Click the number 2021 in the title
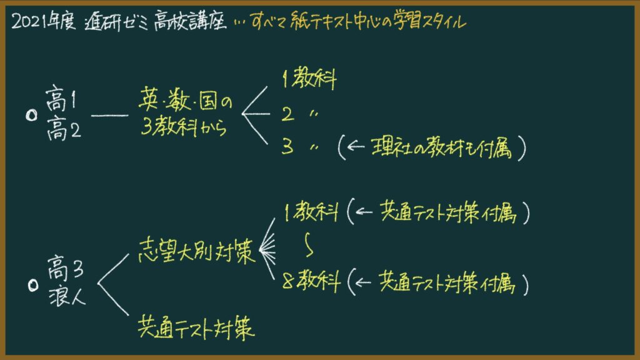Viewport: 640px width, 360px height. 29,21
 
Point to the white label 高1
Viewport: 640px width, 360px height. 61,98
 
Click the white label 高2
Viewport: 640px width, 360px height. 64,129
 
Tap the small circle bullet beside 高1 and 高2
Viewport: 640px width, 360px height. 31,116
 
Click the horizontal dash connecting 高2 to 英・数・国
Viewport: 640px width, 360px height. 109,116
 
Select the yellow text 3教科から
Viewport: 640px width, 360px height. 184,127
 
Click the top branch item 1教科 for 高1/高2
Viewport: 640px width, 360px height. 309,78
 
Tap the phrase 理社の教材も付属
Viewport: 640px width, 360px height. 441,147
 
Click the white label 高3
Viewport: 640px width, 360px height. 65,267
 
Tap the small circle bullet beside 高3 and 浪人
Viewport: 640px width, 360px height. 34,285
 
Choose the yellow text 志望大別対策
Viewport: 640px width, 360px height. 197,251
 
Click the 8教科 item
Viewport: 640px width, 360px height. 311,281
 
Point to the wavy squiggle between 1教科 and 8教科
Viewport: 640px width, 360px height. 309,244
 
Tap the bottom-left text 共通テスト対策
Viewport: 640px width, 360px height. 196,328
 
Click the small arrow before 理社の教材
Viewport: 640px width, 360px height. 356,146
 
